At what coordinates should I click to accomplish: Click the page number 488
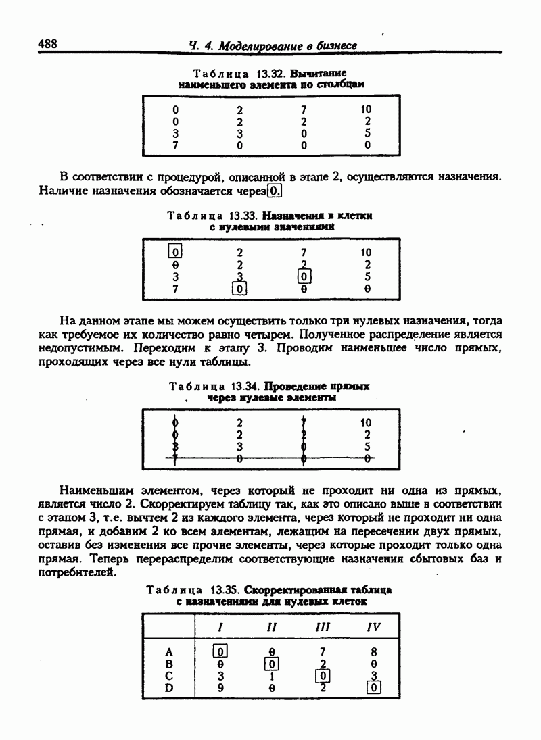pos(47,44)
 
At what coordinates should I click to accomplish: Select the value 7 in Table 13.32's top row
pos(304,109)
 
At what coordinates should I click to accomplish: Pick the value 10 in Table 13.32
pos(367,109)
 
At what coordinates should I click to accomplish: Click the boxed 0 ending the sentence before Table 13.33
pos(275,191)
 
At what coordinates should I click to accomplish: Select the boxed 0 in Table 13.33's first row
pos(175,252)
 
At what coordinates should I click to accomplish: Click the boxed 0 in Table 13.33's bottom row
pos(239,289)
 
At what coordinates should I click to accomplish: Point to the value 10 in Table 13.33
pos(367,252)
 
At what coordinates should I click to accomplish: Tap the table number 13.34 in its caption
pos(245,386)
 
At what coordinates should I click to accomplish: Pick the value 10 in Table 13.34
pos(367,423)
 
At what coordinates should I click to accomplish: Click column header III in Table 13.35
pos(323,627)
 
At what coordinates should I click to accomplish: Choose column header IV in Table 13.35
pos(373,627)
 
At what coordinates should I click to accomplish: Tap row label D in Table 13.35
pos(170,689)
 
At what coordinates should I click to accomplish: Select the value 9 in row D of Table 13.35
pos(220,689)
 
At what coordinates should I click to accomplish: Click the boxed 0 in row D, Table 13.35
pos(373,689)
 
